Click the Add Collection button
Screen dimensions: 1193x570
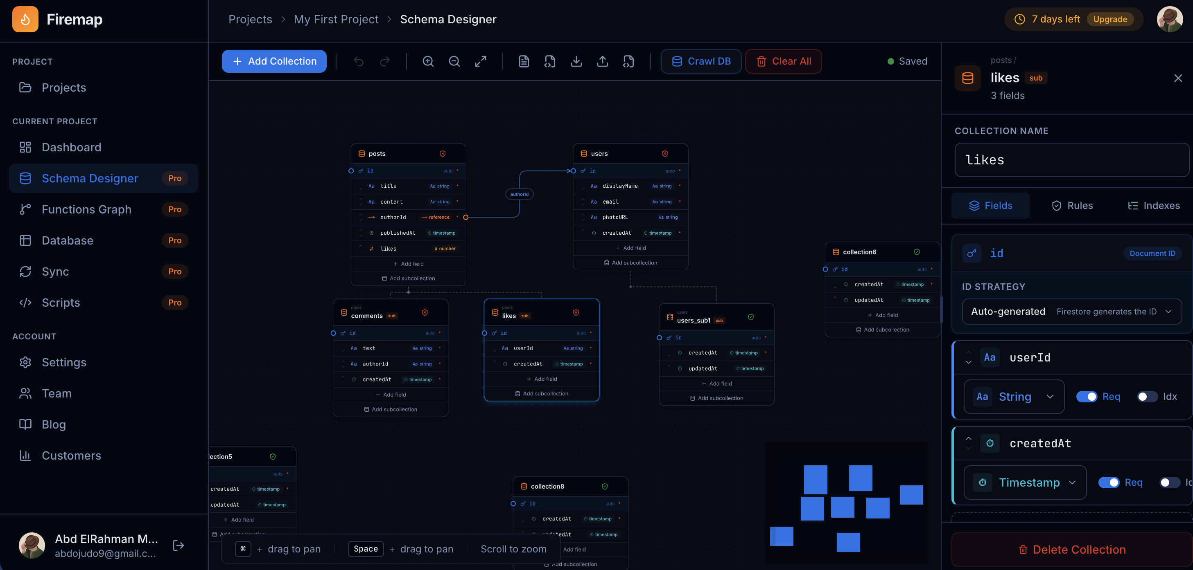[274, 61]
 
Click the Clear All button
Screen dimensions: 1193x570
[783, 61]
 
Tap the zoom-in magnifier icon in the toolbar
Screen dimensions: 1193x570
[428, 61]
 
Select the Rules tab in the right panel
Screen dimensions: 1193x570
[1072, 205]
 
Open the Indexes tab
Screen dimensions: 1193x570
[1153, 205]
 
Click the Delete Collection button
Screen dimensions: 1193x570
[1072, 549]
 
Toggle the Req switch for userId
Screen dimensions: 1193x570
[1086, 397]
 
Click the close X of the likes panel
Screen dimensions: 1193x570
[1178, 78]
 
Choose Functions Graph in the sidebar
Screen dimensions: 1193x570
[87, 209]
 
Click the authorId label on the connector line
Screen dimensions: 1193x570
[519, 194]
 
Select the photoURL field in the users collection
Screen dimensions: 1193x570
[615, 217]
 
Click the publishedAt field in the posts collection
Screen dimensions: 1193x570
[398, 233]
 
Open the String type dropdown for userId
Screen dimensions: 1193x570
[1014, 397]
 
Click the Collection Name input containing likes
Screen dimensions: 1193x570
[1072, 160]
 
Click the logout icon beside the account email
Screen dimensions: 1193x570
[178, 545]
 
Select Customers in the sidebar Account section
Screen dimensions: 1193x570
[71, 455]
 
